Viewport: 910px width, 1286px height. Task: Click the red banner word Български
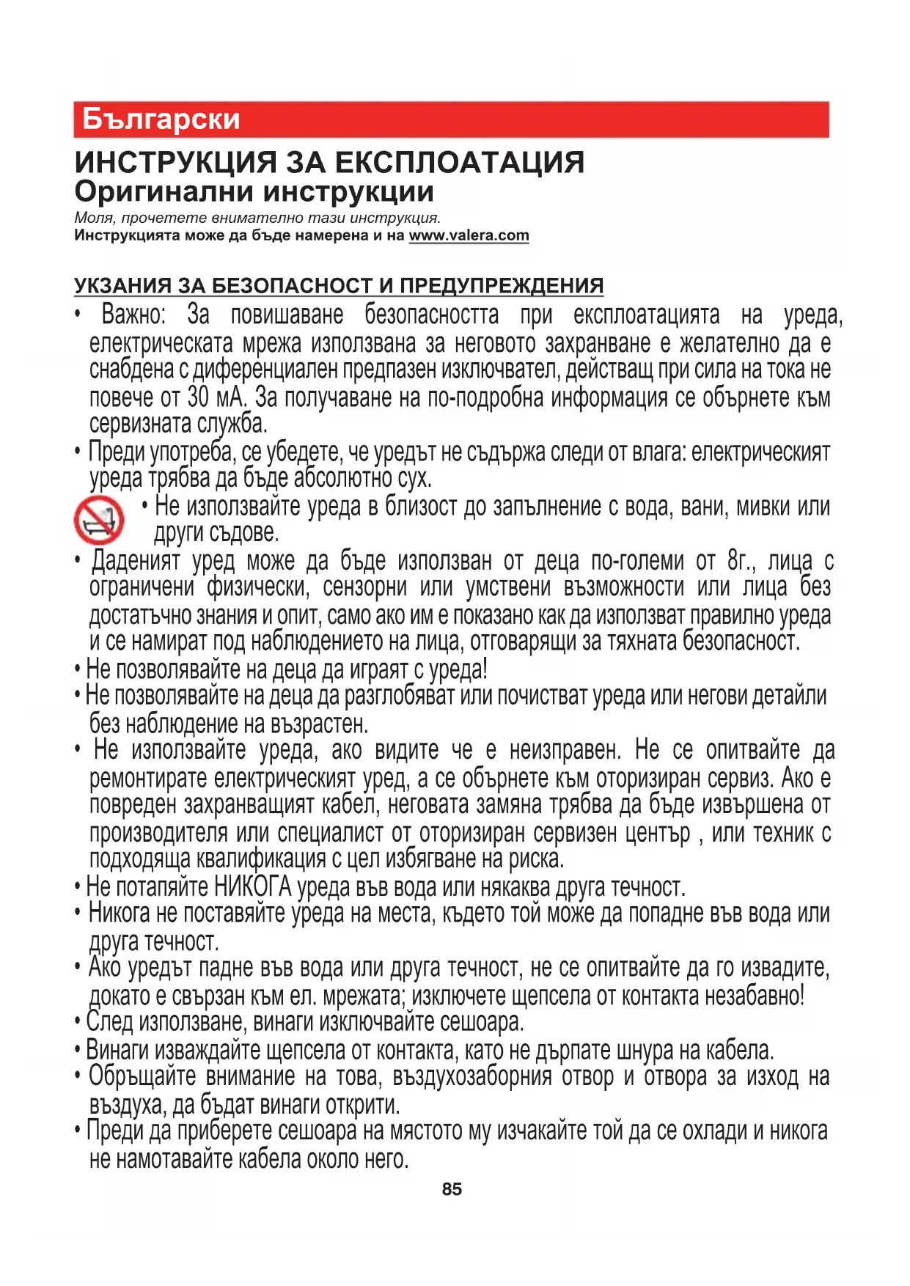tap(161, 120)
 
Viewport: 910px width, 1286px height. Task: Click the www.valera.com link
tap(469, 236)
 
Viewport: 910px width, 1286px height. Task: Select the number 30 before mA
tap(198, 397)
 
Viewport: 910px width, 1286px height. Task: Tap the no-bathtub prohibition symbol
tap(99, 520)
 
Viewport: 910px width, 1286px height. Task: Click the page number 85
tap(452, 1189)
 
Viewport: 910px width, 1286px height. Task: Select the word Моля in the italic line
tap(94, 218)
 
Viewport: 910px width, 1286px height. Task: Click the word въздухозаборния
tap(471, 1077)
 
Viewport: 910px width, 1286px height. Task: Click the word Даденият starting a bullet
tap(136, 561)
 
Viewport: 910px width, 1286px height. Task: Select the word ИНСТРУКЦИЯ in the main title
tap(176, 163)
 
